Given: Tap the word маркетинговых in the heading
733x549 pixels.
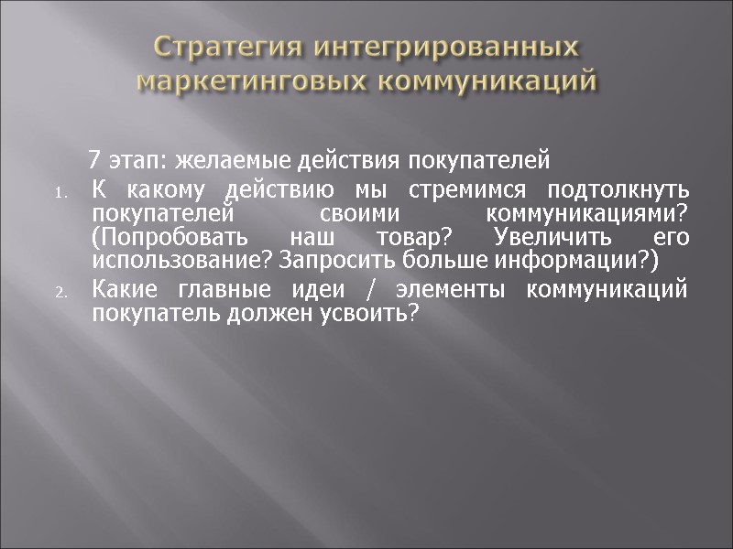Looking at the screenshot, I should [x=249, y=81].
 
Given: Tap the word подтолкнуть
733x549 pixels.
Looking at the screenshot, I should [x=617, y=190].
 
